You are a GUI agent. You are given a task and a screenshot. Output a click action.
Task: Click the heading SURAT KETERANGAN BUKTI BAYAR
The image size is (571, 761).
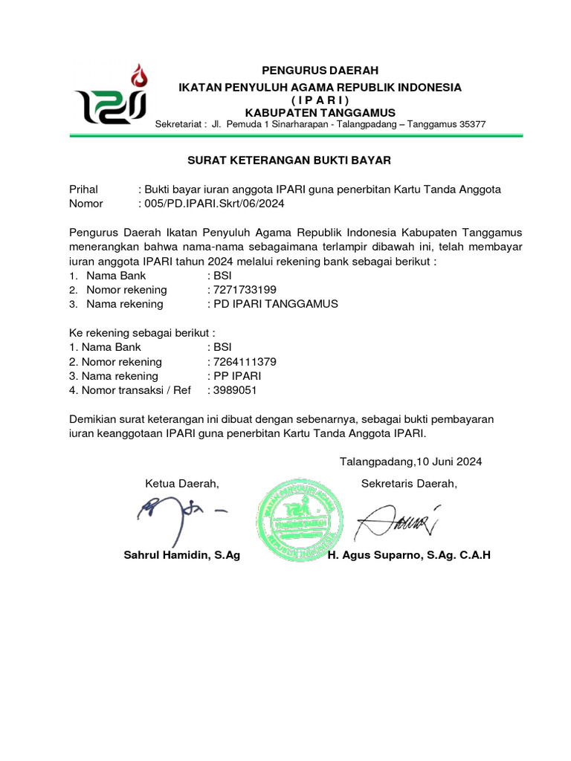point(288,160)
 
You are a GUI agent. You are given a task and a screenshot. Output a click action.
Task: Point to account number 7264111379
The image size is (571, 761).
point(245,362)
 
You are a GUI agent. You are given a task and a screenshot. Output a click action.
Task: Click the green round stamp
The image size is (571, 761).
point(300,518)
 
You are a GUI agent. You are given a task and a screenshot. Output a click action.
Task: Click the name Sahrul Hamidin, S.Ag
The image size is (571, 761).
point(181,556)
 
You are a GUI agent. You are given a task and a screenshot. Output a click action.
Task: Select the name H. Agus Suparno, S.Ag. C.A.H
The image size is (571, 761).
point(410,556)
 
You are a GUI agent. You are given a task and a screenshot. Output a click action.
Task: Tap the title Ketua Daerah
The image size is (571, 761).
point(182,485)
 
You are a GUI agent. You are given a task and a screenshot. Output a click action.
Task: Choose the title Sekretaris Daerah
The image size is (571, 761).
point(409,485)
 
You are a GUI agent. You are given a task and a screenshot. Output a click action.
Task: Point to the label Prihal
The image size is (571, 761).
point(83,190)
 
